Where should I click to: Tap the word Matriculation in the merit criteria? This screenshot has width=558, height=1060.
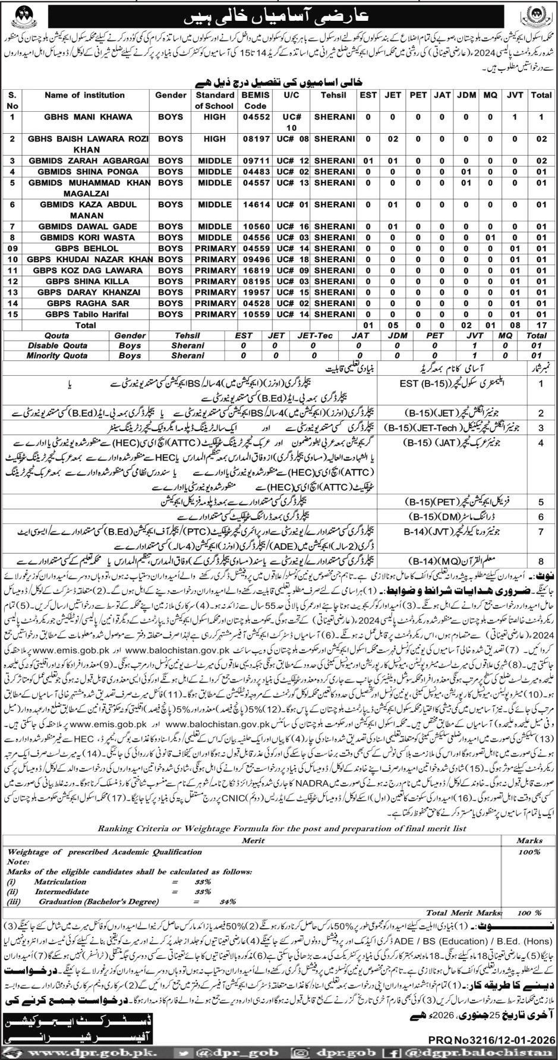(60, 882)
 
